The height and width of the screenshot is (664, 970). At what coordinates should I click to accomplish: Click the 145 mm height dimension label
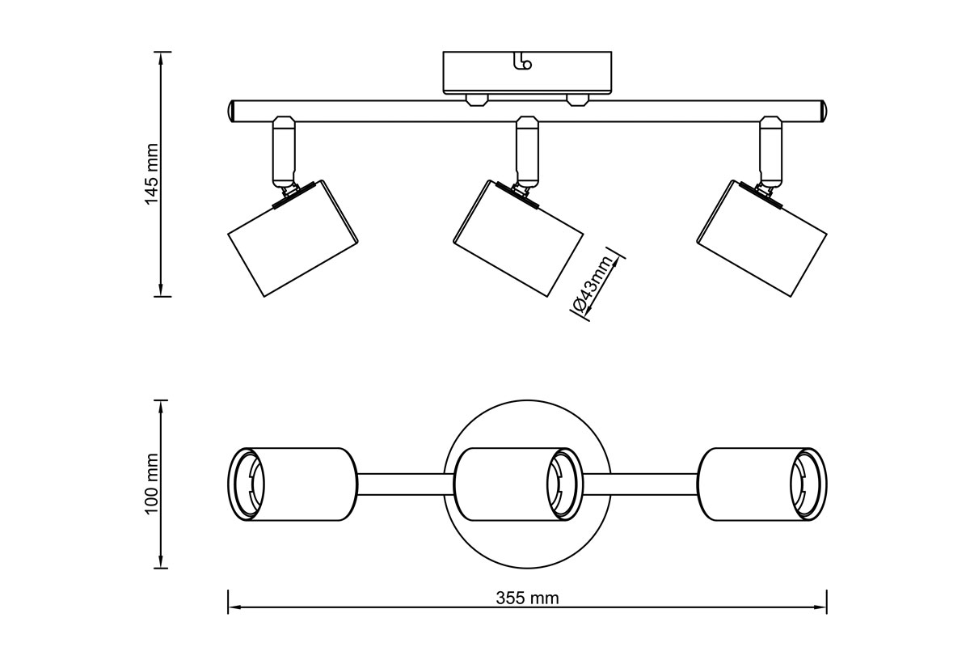(151, 174)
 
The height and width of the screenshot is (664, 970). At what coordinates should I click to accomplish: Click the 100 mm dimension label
(151, 484)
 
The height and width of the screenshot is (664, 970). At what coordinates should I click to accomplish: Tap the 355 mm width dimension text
(527, 598)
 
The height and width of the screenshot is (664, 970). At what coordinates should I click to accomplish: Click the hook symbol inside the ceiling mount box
(524, 61)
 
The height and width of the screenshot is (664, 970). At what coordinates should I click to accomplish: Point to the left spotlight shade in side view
(292, 238)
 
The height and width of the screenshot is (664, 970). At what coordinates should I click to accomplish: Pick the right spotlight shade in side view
(762, 238)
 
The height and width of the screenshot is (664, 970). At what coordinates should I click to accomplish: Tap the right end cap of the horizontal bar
(824, 111)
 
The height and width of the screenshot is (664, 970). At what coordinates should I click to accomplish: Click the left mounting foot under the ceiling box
(476, 100)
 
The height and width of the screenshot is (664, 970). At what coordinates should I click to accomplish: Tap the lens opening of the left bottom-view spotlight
(247, 484)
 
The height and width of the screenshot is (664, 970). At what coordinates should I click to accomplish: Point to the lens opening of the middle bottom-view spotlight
(563, 484)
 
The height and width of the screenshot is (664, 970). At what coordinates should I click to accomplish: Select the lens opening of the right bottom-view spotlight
(808, 484)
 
